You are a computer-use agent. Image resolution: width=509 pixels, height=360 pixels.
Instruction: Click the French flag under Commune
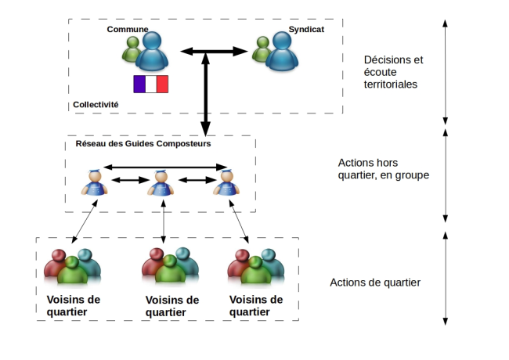[150, 85]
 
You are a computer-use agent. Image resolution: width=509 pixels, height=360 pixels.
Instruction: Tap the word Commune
[128, 29]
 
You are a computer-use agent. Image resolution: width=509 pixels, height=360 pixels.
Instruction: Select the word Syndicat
[305, 29]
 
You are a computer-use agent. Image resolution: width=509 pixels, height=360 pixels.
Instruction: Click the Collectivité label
[96, 103]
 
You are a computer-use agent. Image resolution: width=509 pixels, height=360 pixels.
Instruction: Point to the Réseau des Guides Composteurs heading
[143, 143]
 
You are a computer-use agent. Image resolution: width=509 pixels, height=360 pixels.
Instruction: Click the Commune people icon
[146, 51]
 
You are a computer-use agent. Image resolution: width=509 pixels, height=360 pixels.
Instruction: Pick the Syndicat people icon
[276, 51]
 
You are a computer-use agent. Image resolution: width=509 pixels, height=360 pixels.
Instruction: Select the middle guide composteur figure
[161, 182]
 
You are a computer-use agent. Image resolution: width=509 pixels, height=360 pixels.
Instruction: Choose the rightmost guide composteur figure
[226, 182]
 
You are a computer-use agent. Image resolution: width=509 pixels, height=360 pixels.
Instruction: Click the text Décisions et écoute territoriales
[393, 71]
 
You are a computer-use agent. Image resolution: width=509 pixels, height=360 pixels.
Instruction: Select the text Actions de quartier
[375, 282]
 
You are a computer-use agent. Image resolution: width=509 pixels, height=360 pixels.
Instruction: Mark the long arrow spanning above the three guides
[165, 166]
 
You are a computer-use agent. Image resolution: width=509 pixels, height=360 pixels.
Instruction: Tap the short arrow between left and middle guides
[129, 180]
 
